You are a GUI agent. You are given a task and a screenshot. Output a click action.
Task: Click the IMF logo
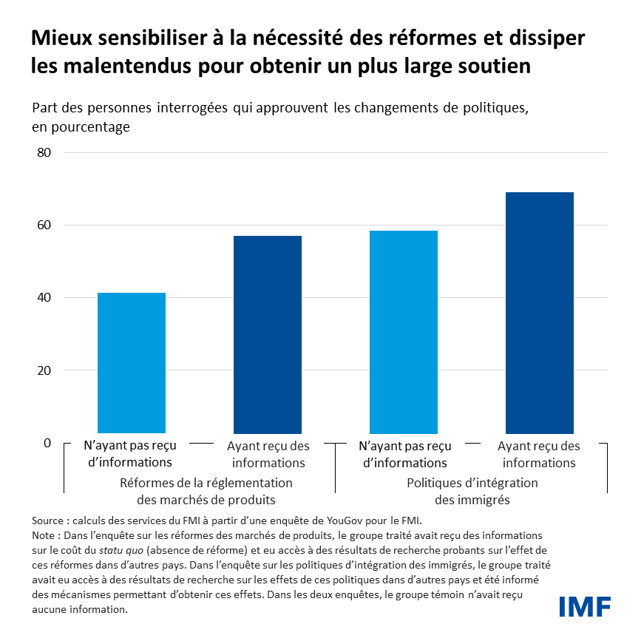pyautogui.click(x=584, y=606)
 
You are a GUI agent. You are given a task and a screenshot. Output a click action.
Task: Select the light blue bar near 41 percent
pyautogui.click(x=132, y=362)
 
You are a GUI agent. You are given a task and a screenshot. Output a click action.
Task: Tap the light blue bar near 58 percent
pyautogui.click(x=404, y=332)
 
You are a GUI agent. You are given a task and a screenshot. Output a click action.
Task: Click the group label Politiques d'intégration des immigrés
pyautogui.click(x=472, y=492)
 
